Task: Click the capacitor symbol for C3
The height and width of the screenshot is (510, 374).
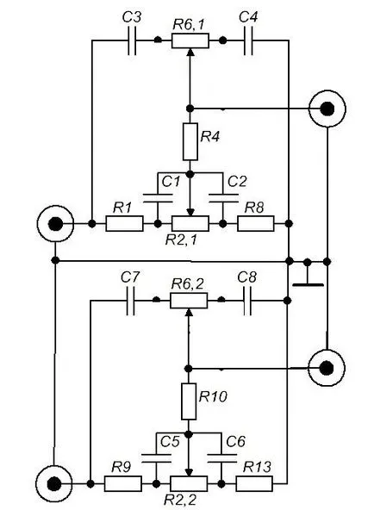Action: (x=131, y=40)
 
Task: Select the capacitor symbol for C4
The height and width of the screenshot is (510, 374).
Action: (x=248, y=40)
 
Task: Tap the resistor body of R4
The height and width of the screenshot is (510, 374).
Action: (x=190, y=141)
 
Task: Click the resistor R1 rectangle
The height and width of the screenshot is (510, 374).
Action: (x=124, y=223)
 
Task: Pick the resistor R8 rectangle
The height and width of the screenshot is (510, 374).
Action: (x=256, y=223)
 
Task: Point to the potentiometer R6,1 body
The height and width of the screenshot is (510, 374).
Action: (x=190, y=40)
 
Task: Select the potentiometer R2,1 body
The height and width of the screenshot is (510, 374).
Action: (x=190, y=223)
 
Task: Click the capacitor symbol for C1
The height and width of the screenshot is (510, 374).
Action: (x=158, y=198)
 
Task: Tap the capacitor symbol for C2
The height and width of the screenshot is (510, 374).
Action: (x=223, y=198)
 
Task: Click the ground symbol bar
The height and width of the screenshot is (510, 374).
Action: (x=308, y=285)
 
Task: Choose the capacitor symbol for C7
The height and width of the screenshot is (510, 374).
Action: (x=130, y=301)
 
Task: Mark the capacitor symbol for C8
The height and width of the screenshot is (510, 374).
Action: (x=247, y=301)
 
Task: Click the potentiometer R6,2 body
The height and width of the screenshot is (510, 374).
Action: (x=189, y=301)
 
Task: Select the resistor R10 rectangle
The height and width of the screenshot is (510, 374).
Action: (x=189, y=401)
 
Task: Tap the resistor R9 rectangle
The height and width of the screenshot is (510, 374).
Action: (x=123, y=483)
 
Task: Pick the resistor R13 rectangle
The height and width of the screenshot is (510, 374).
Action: (x=254, y=483)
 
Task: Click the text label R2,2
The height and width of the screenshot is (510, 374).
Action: (x=180, y=500)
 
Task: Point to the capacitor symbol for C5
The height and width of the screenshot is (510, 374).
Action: (x=157, y=458)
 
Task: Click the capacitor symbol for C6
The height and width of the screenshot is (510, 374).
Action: (x=222, y=458)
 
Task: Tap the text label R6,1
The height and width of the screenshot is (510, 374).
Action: (x=189, y=25)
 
